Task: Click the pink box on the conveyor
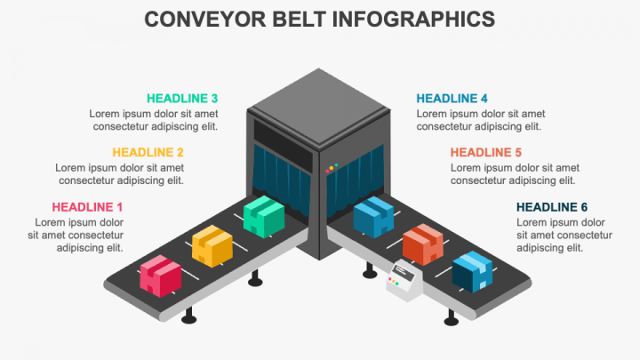(160, 276)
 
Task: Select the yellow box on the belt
(212, 246)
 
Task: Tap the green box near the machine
(264, 216)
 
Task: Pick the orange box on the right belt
(423, 244)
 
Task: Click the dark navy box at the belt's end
(472, 272)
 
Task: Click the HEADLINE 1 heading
(87, 207)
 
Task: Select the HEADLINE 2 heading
(148, 153)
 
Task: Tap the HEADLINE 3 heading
(182, 99)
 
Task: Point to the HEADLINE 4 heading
(452, 99)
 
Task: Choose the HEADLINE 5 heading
(486, 153)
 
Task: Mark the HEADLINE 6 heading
(552, 207)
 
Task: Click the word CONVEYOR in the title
(205, 20)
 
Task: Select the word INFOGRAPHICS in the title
(413, 20)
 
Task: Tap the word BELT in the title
(299, 20)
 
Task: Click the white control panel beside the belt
(404, 280)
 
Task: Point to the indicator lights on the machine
(332, 168)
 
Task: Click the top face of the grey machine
(319, 106)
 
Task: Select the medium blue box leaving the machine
(373, 217)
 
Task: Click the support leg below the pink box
(188, 316)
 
